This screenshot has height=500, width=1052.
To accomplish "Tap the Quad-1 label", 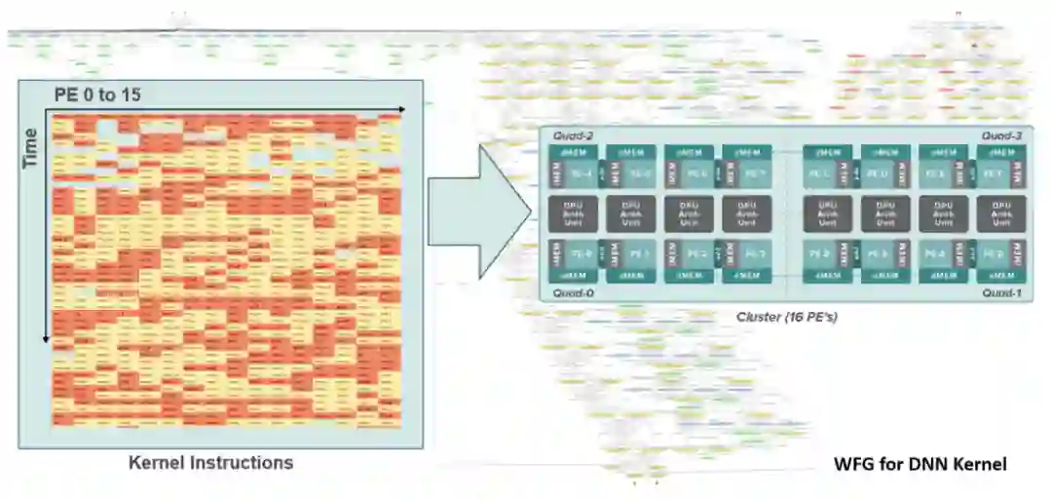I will point(1001,291).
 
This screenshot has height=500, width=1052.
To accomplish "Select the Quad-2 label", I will point(573,136).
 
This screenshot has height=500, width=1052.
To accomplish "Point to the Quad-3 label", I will point(1000,136).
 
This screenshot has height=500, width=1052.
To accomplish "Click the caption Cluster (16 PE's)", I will point(786,317).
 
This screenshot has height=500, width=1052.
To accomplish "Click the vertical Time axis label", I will point(30,147).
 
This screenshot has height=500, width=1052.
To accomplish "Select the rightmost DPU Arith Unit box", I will point(1002,213).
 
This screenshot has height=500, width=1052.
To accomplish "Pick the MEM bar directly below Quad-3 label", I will point(1002,152).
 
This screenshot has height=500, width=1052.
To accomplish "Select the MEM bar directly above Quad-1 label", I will point(1002,276).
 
